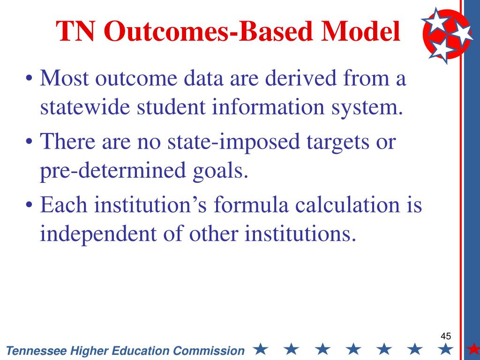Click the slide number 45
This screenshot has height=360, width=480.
tap(446, 336)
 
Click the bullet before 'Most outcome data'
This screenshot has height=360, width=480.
tap(29, 78)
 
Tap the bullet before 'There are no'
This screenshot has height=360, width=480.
tap(29, 142)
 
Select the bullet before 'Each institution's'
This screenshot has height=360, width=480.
tap(29, 205)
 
